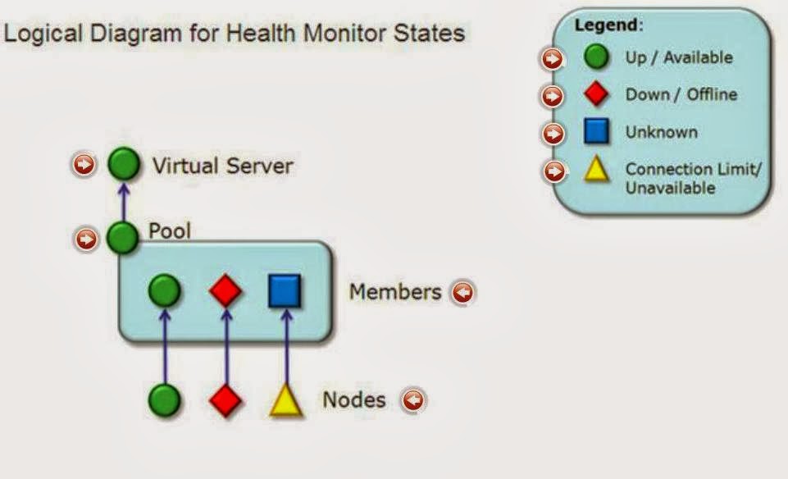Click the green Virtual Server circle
[123, 165]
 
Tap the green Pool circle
[123, 239]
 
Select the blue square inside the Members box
[285, 291]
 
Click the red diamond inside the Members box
[225, 291]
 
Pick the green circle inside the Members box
[165, 291]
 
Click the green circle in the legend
[596, 57]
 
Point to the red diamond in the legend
[596, 94]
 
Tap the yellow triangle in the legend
[596, 171]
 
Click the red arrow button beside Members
[463, 292]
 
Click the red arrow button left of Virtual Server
[83, 165]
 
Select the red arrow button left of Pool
[85, 239]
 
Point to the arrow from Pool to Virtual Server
[124, 201]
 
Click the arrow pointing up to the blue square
[285, 344]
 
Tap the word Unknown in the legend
[661, 132]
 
